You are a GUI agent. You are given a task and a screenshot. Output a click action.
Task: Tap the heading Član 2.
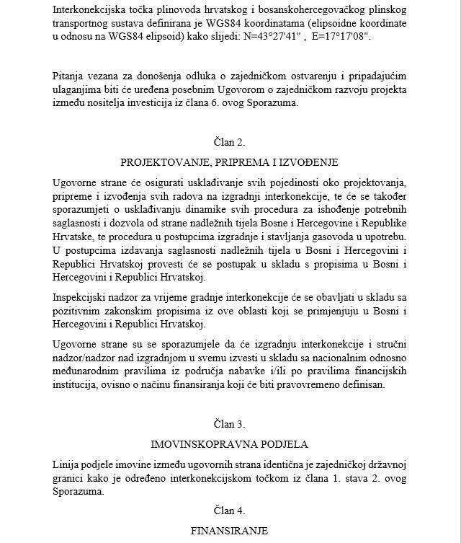click(x=230, y=142)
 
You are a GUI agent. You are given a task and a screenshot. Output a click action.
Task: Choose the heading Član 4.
click(x=230, y=511)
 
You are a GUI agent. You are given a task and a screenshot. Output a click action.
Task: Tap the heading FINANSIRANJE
click(x=230, y=531)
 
